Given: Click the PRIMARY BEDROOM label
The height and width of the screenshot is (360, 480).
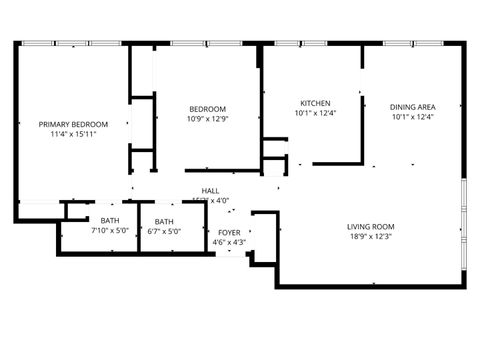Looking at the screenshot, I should (x=73, y=124).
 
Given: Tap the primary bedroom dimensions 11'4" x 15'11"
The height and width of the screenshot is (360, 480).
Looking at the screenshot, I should (x=73, y=135).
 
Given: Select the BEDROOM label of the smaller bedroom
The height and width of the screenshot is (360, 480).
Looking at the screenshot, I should (x=207, y=109).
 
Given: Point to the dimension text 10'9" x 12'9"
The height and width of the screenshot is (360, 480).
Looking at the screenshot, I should (x=207, y=120).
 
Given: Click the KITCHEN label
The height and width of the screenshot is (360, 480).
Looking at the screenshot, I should (x=316, y=104).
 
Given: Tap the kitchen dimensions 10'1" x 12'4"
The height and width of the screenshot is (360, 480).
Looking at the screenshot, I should (x=316, y=115).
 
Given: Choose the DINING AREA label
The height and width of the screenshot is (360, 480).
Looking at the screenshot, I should (x=412, y=106).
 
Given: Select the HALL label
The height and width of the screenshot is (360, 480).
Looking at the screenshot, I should (x=210, y=190).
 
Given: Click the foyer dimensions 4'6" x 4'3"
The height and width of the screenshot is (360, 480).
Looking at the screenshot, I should (x=229, y=242).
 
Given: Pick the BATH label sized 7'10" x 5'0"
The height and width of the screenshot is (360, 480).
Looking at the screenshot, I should (x=109, y=221).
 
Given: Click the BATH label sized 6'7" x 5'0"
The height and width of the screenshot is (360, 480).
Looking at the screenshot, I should (x=164, y=221).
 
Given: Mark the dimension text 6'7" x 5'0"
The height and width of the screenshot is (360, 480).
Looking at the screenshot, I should (x=164, y=232).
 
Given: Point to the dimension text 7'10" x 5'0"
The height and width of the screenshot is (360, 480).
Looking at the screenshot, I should (x=109, y=232).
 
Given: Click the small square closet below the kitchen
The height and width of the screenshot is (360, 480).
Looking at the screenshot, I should (x=273, y=165).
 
